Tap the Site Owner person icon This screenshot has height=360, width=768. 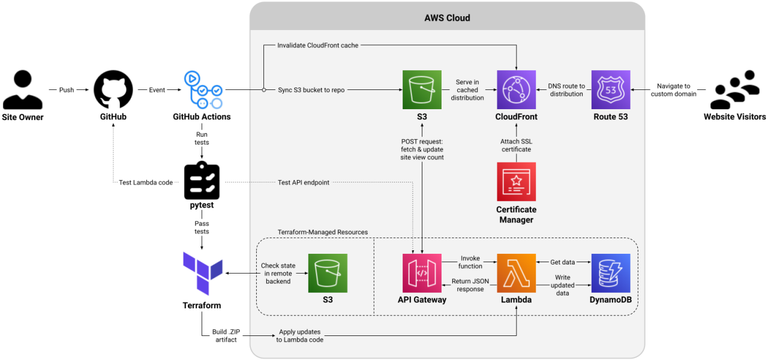[x=23, y=90]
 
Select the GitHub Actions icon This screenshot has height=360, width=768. [x=202, y=90]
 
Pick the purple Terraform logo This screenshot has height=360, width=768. [x=202, y=274]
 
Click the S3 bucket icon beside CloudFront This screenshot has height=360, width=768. [x=422, y=90]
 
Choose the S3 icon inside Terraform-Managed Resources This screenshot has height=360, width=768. [x=328, y=273]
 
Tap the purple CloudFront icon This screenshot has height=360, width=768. [x=516, y=90]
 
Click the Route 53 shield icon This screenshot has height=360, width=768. [x=611, y=90]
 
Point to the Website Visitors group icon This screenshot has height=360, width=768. [x=734, y=90]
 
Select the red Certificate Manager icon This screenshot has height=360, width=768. [x=516, y=181]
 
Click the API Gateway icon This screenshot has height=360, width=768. [x=422, y=273]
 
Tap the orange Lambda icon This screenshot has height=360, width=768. [x=516, y=273]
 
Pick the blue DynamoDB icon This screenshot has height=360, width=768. [x=611, y=273]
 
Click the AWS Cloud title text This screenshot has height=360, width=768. [x=447, y=18]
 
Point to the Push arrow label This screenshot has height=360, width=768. [x=67, y=90]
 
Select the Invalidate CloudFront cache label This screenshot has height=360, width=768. [x=318, y=46]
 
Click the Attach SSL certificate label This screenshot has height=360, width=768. [x=516, y=145]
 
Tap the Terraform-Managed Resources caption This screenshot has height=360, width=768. [x=323, y=232]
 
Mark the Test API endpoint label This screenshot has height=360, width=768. [x=304, y=182]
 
